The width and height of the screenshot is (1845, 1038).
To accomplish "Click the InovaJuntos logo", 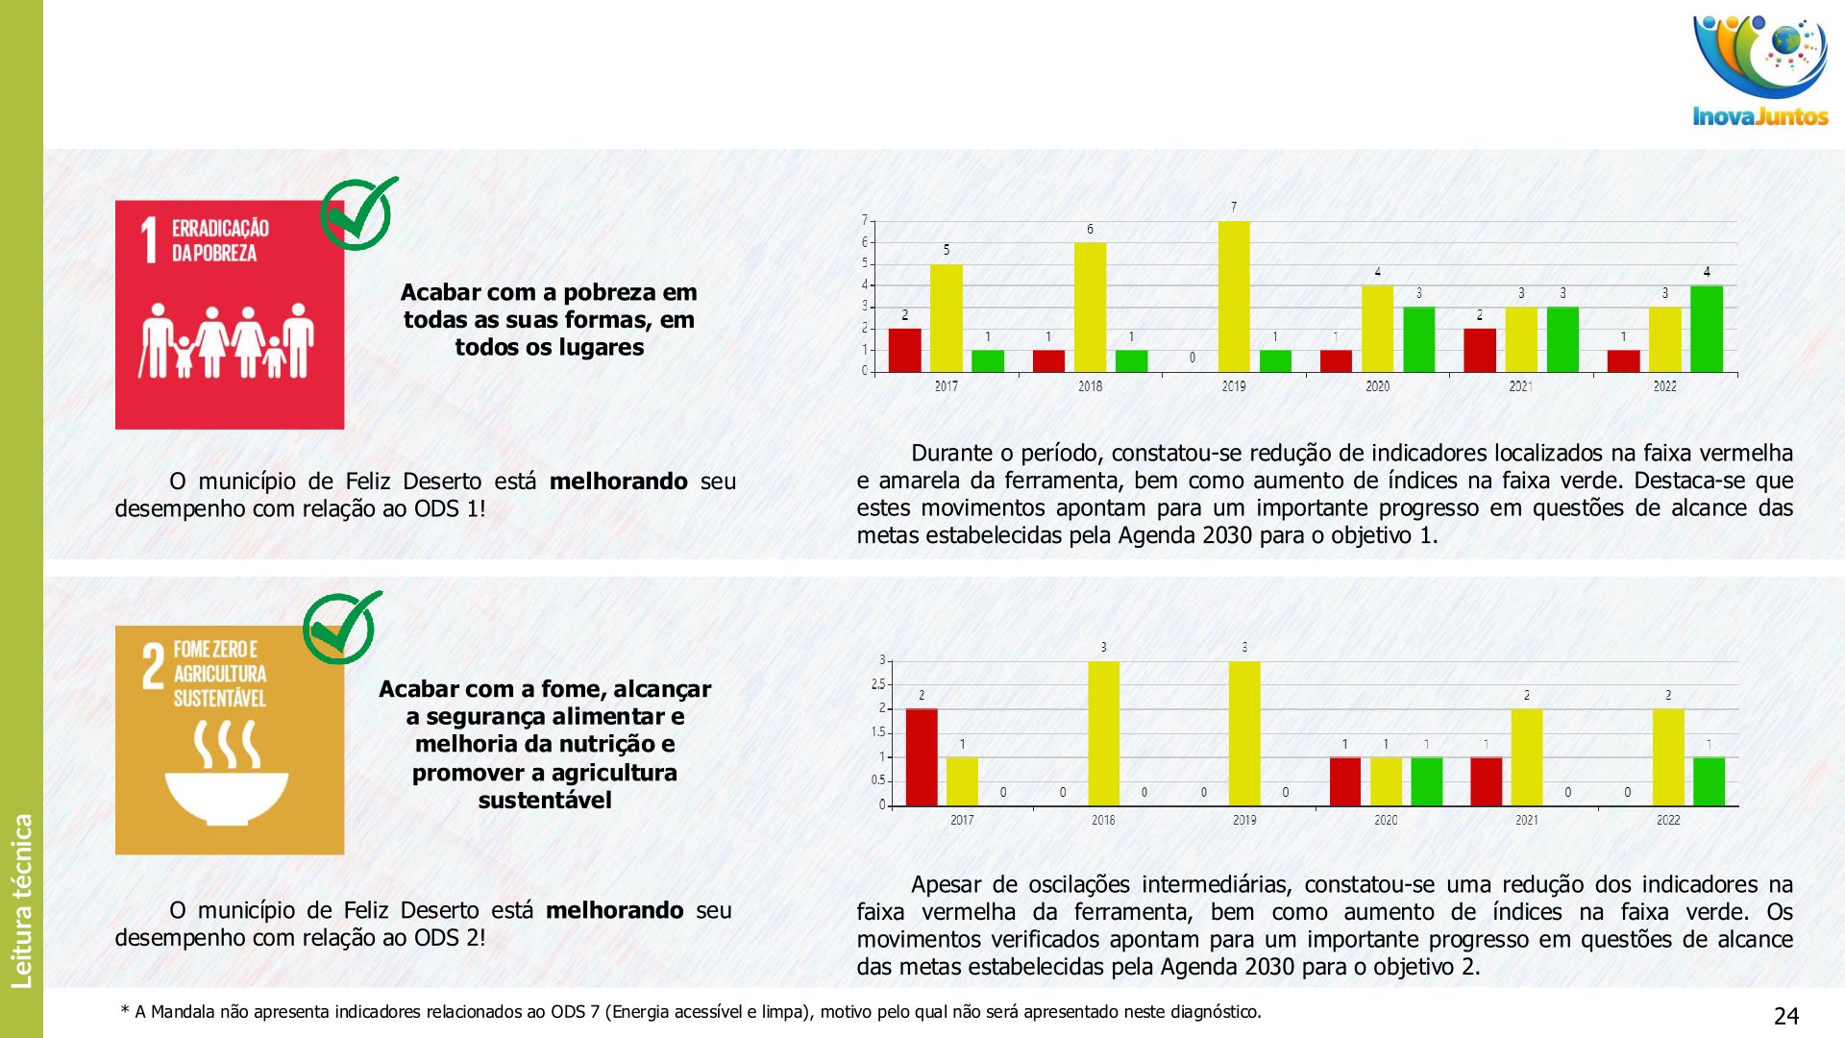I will [x=1760, y=71].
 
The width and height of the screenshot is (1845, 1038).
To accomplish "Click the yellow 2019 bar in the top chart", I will [x=1234, y=296].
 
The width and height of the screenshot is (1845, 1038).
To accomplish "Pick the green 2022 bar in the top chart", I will [x=1707, y=329].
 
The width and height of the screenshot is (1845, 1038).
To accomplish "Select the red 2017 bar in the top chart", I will [x=904, y=350].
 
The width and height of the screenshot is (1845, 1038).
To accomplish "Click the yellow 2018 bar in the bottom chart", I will [x=1103, y=732].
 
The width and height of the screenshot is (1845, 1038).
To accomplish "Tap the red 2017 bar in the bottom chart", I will [x=922, y=756].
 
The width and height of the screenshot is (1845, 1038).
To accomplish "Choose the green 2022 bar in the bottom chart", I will [x=1709, y=780].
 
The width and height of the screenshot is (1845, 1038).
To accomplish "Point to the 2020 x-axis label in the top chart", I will [x=1377, y=386].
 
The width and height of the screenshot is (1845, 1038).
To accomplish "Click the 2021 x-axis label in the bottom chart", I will [x=1527, y=820].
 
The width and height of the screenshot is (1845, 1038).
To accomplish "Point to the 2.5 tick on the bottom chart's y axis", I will [x=878, y=684].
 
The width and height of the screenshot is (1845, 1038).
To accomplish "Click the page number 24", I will [x=1785, y=1016].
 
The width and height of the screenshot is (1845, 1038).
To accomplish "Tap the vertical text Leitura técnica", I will [x=22, y=901].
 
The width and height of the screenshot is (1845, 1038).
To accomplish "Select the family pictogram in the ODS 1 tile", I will [x=229, y=341].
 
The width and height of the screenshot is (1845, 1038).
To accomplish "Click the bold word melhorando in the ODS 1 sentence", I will [x=618, y=482].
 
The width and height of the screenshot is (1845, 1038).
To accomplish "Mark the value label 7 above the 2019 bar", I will [x=1234, y=207].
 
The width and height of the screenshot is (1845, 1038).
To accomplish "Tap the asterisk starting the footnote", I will [x=125, y=1010].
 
